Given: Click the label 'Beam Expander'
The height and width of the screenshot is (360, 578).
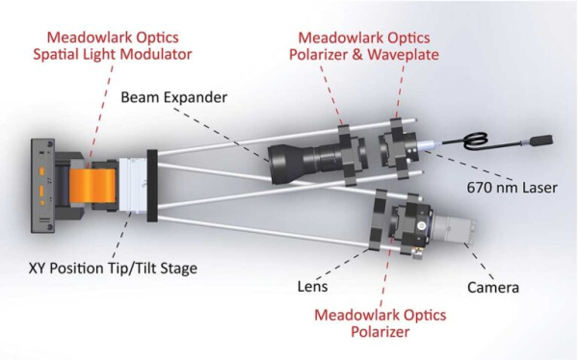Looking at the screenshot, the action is pyautogui.click(x=174, y=97).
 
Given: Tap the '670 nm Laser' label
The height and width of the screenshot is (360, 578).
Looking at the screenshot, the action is pyautogui.click(x=512, y=188).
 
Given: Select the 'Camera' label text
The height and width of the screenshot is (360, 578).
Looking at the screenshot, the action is pyautogui.click(x=493, y=288).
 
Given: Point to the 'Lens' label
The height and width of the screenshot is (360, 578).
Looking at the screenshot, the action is pyautogui.click(x=312, y=286).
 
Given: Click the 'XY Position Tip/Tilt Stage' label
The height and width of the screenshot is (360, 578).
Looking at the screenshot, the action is pyautogui.click(x=113, y=269).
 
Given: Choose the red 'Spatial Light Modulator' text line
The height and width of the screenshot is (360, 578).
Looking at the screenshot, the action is pyautogui.click(x=113, y=54).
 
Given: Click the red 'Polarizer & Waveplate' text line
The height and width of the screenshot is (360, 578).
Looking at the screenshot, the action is pyautogui.click(x=364, y=55).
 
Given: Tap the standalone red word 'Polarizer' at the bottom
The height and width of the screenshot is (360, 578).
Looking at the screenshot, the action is pyautogui.click(x=381, y=332).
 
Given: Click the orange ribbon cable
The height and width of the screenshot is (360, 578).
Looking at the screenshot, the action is pyautogui.click(x=92, y=186).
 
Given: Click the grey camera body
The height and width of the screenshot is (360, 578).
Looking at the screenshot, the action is pyautogui.click(x=454, y=230).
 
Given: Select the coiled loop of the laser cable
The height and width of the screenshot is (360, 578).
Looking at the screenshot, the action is pyautogui.click(x=475, y=141).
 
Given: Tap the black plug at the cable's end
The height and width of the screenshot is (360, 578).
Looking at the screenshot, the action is pyautogui.click(x=541, y=141).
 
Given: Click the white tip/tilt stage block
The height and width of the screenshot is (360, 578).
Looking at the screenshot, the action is pyautogui.click(x=133, y=186).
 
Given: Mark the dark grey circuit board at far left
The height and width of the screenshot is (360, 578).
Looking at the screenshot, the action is pyautogui.click(x=42, y=186).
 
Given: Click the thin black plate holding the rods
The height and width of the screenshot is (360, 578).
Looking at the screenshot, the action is pyautogui.click(x=152, y=186).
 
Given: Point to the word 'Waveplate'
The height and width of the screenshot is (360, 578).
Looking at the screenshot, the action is pyautogui.click(x=404, y=55).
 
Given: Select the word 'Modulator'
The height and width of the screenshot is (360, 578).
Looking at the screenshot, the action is pyautogui.click(x=156, y=54).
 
